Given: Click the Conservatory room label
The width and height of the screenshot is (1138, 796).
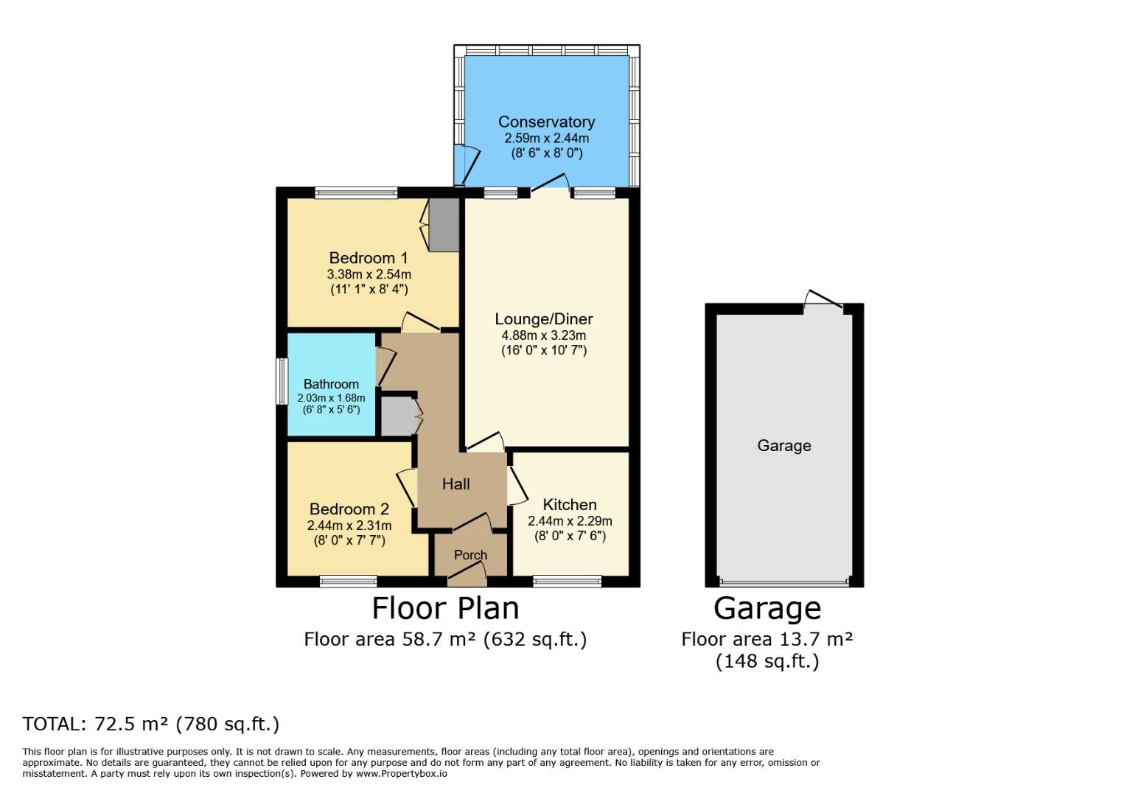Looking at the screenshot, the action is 546,122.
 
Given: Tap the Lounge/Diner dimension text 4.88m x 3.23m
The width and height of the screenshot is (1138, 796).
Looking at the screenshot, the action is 544,336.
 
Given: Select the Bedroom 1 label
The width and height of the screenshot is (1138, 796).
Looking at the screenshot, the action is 369,258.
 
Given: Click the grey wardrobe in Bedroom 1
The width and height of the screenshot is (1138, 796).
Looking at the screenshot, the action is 444,225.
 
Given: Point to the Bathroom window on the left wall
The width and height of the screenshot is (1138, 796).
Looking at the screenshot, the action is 282,382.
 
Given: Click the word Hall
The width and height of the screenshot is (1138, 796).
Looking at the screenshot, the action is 455,484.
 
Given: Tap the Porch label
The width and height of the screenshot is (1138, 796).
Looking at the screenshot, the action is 470,555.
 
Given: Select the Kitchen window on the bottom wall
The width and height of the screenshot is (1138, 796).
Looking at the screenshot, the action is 567,581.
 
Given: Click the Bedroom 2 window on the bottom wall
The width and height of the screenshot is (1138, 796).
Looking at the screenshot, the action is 349,581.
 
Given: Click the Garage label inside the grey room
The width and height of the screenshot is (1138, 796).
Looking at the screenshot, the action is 784,445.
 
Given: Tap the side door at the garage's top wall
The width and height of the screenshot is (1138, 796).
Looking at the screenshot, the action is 824,304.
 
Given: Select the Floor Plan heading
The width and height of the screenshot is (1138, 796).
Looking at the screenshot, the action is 446,608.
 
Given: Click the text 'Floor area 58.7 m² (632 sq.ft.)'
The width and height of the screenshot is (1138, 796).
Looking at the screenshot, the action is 446,639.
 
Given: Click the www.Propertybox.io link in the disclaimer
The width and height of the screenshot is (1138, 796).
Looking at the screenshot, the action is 402,774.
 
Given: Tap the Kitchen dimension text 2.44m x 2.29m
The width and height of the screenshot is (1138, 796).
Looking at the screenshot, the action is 570,521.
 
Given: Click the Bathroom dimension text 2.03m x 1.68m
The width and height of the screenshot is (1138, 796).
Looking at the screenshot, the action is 331,398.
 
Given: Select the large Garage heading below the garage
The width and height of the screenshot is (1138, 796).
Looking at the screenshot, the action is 767,609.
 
